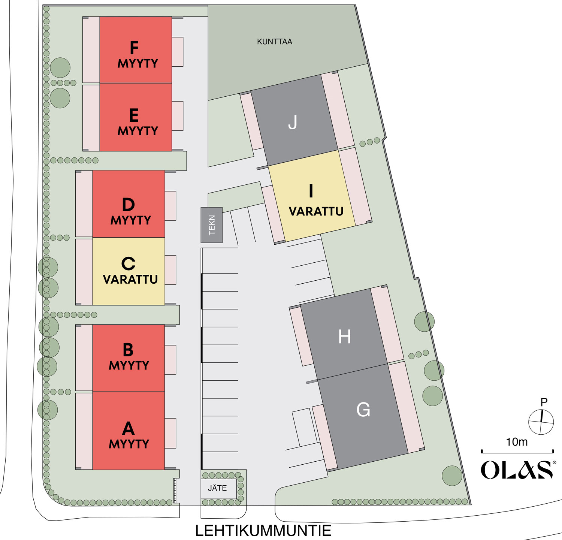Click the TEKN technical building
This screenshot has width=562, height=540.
(212, 225)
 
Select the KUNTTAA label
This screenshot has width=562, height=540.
(275, 42)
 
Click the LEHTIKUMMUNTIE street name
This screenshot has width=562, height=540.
(263, 531)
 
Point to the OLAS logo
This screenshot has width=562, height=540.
(517, 470)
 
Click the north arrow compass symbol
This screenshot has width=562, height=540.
(541, 422)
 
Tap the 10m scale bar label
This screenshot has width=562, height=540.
(517, 442)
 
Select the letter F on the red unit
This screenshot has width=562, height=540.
(134, 48)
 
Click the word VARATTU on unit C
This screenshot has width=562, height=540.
(130, 280)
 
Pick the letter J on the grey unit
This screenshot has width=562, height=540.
(293, 122)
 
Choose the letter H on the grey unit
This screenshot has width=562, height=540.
(345, 337)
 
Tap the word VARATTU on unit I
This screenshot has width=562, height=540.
(316, 211)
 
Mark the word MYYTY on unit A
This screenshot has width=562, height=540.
(129, 444)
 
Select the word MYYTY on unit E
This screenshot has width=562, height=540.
(138, 131)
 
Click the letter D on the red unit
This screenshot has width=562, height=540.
(128, 205)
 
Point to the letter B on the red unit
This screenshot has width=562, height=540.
(128, 350)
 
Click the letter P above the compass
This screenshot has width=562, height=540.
(544, 402)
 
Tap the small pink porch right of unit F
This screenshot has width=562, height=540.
(178, 52)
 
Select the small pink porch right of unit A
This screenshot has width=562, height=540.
(170, 433)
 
